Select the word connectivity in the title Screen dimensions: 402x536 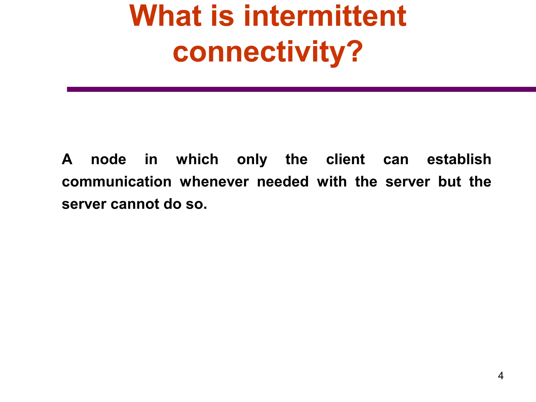tap(258, 52)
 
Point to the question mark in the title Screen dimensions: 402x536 tap(355, 52)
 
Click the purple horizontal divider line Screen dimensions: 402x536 tap(301, 89)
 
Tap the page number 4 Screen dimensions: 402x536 tap(501, 376)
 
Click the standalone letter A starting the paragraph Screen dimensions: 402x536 tap(67, 159)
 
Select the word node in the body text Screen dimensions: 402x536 tap(108, 159)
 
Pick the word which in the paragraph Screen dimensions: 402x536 tap(197, 159)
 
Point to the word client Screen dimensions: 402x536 tap(345, 159)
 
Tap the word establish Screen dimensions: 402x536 tap(459, 159)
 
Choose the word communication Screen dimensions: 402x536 tap(117, 182)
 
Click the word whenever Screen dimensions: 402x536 tap(214, 182)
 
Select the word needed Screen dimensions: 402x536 tap(283, 182)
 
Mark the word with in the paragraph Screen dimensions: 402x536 tap(332, 182)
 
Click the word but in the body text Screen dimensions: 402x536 tap(449, 182)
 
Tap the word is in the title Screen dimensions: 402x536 tap(222, 16)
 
